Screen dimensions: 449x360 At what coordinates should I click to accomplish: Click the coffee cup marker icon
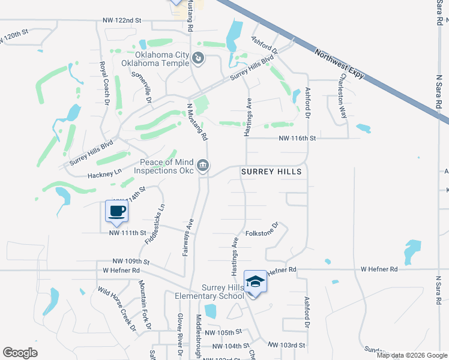pyautogui.click(x=116, y=211)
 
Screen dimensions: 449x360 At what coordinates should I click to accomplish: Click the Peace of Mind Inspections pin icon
pyautogui.click(x=203, y=164)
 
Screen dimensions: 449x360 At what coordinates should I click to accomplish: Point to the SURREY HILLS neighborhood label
pyautogui.click(x=271, y=172)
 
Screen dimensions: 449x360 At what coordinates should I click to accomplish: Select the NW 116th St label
pyautogui.click(x=297, y=138)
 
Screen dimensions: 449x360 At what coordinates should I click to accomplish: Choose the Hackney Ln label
pyautogui.click(x=104, y=172)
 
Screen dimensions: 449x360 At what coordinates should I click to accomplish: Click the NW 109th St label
pyautogui.click(x=130, y=262)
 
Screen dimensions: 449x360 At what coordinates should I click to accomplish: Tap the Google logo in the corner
pyautogui.click(x=20, y=353)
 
